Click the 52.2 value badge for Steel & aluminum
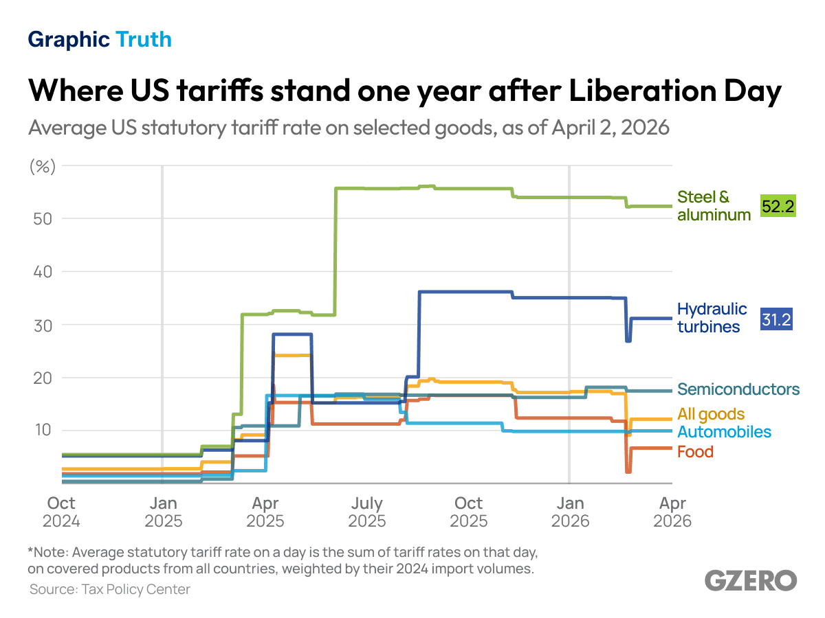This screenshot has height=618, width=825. [778, 206]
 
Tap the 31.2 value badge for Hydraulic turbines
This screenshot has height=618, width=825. [776, 319]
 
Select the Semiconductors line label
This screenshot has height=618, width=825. [738, 389]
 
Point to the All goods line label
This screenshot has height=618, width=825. [711, 414]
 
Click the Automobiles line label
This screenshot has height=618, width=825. [724, 432]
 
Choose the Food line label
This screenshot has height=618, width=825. [695, 452]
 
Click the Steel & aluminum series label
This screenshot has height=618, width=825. [714, 206]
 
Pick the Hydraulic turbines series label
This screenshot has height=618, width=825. [712, 318]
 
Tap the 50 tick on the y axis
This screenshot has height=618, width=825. [45, 218]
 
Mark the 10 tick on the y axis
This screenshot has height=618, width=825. [45, 431]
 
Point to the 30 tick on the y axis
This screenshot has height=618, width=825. [45, 325]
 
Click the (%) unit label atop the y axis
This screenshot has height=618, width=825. [42, 166]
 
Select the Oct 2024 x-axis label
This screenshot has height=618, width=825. [61, 512]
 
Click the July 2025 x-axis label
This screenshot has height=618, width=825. [366, 512]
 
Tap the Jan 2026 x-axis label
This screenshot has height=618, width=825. [570, 512]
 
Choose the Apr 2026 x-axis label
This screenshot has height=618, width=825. [672, 512]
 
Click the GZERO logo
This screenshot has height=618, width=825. [751, 580]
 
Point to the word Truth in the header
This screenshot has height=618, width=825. [144, 40]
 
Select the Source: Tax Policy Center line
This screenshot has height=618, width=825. [109, 589]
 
